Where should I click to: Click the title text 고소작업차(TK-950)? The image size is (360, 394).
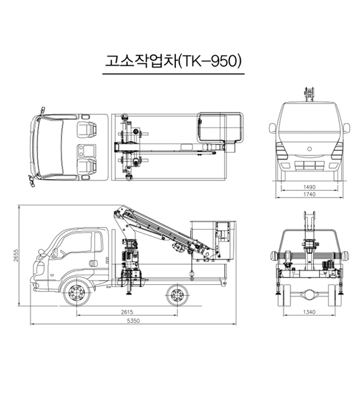(x=173, y=61)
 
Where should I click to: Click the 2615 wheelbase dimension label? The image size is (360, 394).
(x=127, y=312)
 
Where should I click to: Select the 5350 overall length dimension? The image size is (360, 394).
(x=133, y=321)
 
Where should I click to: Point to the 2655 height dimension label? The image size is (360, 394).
(x=16, y=255)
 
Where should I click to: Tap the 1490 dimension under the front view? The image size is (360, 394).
(x=309, y=187)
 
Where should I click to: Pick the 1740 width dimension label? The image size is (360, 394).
(x=309, y=194)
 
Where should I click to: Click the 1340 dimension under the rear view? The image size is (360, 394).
(x=309, y=312)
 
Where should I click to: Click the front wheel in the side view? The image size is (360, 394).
(x=77, y=293)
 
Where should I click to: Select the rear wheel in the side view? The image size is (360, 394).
(x=178, y=295)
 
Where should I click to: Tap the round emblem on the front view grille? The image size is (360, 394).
(x=309, y=149)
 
